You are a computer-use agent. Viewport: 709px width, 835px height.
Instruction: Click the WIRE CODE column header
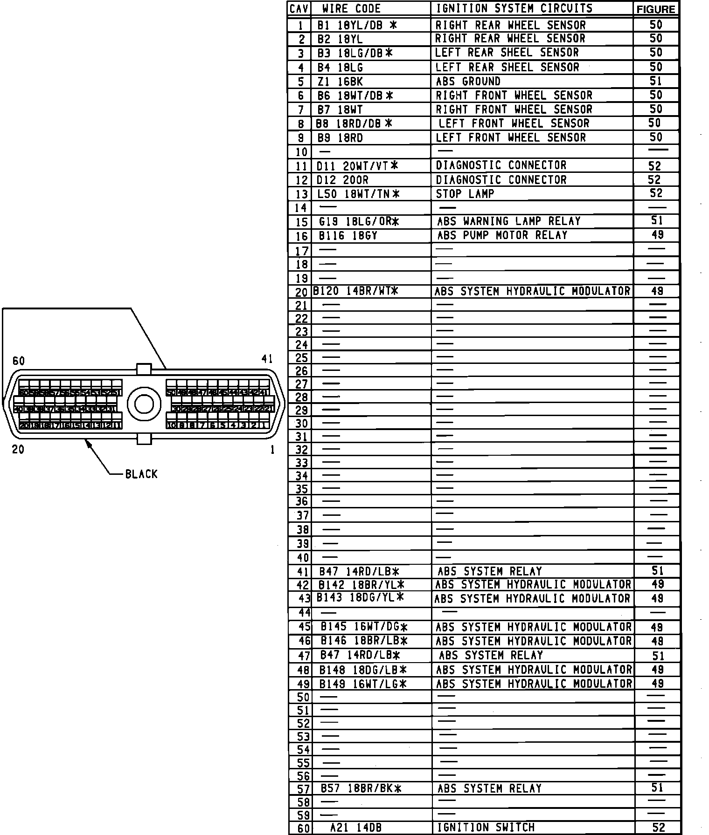351,8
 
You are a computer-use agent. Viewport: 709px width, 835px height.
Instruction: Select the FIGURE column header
656,9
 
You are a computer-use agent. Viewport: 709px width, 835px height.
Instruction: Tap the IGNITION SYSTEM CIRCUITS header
514,8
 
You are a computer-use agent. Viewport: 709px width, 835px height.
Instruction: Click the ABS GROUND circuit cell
468,81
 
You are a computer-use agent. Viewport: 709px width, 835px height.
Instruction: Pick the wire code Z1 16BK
340,82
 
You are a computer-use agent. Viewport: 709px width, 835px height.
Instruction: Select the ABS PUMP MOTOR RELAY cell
502,235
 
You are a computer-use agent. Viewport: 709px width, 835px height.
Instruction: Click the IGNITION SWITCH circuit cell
485,828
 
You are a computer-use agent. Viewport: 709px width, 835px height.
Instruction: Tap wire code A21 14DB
355,828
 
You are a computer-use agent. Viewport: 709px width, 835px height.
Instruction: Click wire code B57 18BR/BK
361,788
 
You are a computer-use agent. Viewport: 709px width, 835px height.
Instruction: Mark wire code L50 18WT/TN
358,194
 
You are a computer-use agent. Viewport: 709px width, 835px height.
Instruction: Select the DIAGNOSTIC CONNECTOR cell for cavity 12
501,179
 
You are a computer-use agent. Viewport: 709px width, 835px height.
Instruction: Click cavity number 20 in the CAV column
301,292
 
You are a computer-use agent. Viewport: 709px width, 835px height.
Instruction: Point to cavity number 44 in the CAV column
304,612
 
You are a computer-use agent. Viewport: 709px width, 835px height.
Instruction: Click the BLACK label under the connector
141,474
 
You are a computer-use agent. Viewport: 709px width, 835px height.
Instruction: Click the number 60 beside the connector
19,361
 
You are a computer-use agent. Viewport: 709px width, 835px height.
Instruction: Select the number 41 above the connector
267,359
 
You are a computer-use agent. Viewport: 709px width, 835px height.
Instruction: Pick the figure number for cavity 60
658,828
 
